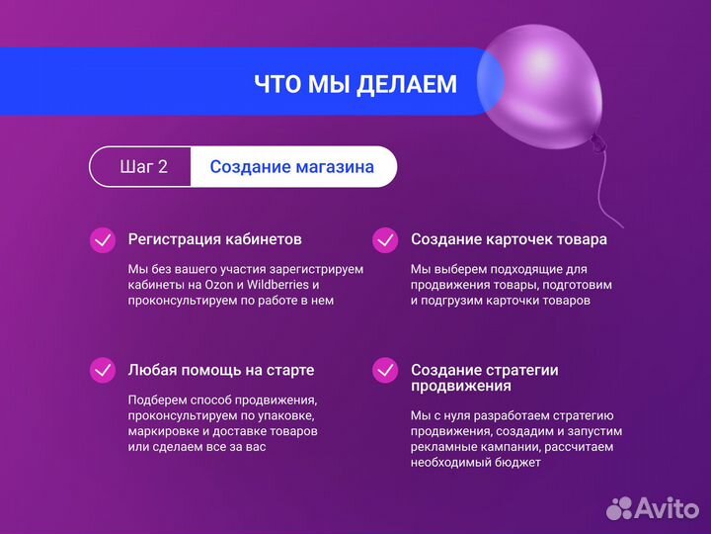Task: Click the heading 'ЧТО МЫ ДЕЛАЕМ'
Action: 355,84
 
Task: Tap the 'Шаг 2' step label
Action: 143,166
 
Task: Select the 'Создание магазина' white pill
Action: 292,166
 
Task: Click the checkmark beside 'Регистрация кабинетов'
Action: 103,240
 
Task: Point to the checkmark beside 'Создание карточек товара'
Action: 385,240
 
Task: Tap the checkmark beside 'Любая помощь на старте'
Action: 103,370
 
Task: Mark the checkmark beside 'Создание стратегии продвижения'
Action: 385,370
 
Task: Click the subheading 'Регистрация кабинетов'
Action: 214,239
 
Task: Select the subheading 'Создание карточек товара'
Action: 509,239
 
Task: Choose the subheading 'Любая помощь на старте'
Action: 220,370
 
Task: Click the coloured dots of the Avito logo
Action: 619,508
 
